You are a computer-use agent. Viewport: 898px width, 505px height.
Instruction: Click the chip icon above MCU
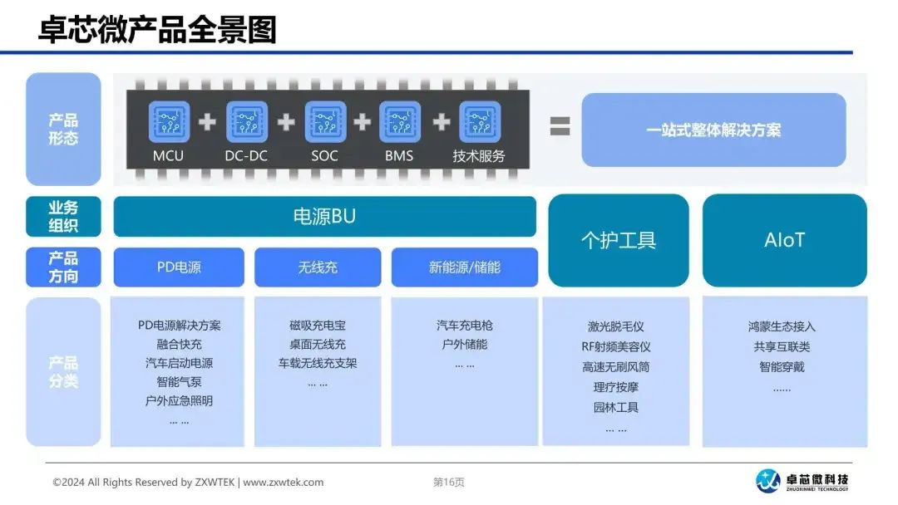(169, 122)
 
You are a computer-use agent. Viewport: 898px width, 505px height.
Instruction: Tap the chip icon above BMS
(400, 122)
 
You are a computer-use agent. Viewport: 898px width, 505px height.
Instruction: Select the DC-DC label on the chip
(246, 155)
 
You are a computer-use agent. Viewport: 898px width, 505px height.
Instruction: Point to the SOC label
(324, 155)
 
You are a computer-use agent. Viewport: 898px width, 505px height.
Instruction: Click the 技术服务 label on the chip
(479, 155)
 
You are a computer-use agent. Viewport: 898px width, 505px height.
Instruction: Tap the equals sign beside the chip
(560, 125)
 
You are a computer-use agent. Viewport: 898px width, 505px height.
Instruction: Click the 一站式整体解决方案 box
(713, 130)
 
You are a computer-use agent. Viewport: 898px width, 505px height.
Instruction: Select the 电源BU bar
(325, 216)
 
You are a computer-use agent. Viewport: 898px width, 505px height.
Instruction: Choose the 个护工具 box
(619, 240)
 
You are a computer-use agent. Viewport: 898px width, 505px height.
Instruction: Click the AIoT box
(785, 240)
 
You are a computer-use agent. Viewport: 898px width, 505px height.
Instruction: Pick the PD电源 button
(179, 267)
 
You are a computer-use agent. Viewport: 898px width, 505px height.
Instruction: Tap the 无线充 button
(318, 267)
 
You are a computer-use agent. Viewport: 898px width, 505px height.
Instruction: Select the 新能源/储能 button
(465, 267)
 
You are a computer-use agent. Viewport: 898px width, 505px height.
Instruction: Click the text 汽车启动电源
(180, 363)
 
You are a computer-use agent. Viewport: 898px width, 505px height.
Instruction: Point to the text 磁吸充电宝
(318, 326)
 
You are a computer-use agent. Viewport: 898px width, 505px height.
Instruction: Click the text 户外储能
(465, 345)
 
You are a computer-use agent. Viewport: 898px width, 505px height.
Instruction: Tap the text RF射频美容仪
(615, 346)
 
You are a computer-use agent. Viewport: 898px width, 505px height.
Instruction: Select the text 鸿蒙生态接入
(782, 326)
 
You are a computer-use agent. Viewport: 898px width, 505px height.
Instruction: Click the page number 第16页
(449, 482)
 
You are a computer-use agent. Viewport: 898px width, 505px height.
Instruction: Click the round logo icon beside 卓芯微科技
(768, 480)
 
